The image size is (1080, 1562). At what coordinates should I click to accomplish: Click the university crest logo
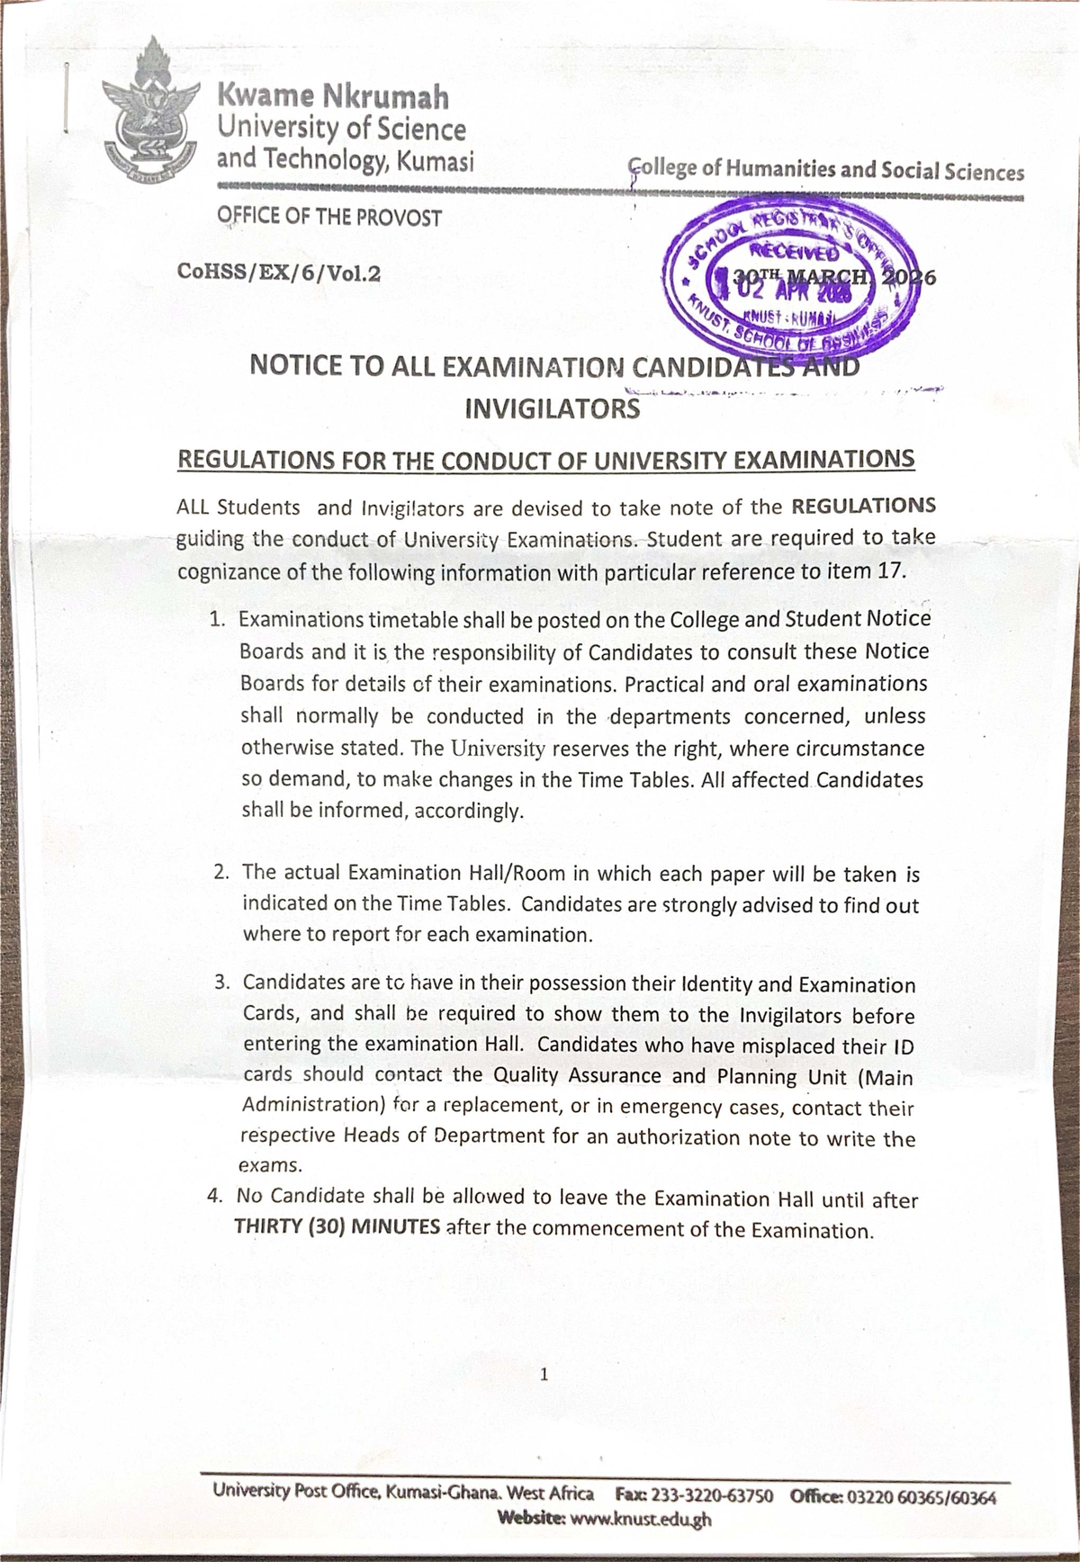(148, 112)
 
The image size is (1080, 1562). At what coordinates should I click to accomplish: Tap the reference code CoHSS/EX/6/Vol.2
(279, 272)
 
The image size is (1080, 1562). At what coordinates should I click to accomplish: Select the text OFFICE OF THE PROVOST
(328, 218)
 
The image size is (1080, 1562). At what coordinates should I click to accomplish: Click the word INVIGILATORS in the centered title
(552, 409)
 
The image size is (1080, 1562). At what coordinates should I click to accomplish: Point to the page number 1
(544, 1375)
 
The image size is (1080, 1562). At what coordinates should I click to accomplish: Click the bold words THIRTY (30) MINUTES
(337, 1227)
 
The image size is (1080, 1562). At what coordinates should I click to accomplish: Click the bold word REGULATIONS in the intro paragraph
(863, 505)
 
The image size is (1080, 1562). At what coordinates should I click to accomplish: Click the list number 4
(214, 1197)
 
